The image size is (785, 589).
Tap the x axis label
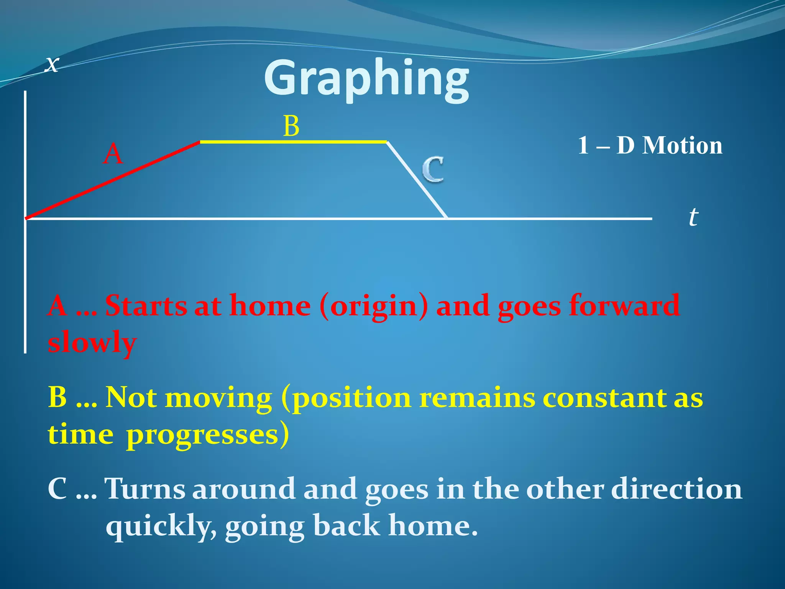[52, 64]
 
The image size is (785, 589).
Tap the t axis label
[693, 217]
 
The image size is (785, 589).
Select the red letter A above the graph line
[113, 154]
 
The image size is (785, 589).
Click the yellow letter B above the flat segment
[291, 126]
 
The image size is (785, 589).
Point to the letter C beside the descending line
[433, 169]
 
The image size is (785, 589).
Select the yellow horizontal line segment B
[293, 142]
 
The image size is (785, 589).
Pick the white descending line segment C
[417, 180]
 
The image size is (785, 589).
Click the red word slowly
[92, 342]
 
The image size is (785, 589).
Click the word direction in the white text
[677, 490]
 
